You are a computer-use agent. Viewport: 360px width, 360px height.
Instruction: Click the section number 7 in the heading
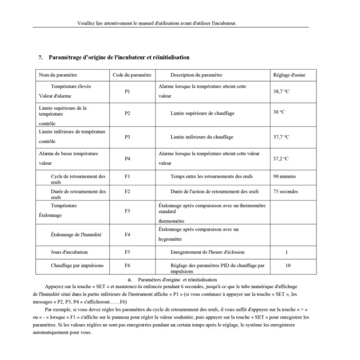(x=40, y=58)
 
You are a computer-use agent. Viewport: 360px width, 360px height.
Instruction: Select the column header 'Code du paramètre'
(x=131, y=75)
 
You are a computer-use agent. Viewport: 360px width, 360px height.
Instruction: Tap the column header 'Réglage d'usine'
(x=289, y=75)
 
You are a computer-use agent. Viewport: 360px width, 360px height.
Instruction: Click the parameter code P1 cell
(x=127, y=91)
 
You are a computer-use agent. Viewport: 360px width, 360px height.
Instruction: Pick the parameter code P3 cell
(x=127, y=137)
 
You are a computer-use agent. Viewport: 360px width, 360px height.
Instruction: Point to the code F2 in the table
(x=127, y=191)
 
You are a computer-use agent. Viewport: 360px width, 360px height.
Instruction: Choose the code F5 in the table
(x=127, y=252)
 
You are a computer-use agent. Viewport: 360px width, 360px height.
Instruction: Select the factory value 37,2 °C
(x=281, y=158)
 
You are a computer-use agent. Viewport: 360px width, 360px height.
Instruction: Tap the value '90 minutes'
(x=284, y=176)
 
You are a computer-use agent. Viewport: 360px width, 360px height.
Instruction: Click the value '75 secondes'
(x=285, y=191)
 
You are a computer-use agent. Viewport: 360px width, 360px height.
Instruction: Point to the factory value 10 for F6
(x=288, y=265)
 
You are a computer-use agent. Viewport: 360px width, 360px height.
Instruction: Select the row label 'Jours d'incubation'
(x=69, y=252)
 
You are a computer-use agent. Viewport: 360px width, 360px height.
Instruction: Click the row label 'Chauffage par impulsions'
(x=77, y=265)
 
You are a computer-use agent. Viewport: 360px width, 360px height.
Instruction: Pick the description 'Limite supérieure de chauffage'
(x=202, y=113)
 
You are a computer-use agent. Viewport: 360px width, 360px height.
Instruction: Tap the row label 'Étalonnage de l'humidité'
(x=76, y=234)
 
